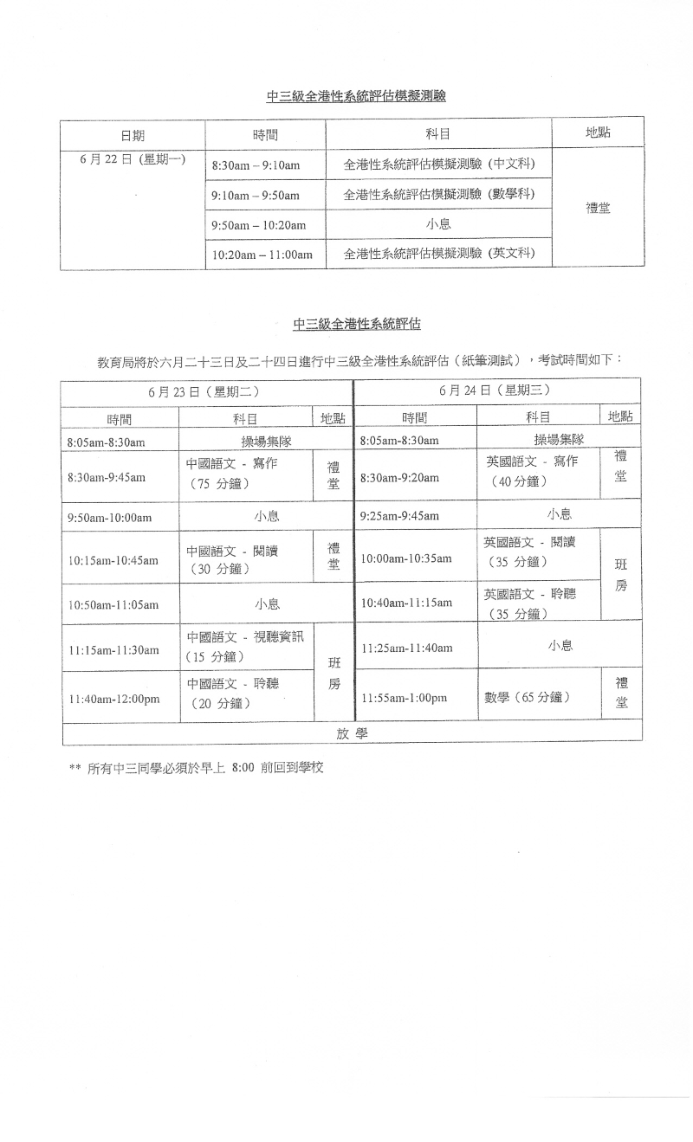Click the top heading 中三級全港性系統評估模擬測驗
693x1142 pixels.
[356, 97]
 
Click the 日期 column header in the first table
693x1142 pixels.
[133, 135]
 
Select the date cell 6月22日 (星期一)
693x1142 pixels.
[133, 161]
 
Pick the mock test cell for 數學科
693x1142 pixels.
[438, 194]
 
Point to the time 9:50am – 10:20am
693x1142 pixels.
[258, 225]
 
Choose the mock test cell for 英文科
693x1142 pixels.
[438, 254]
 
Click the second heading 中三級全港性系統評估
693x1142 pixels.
[350, 325]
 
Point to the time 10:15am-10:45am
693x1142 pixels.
[113, 560]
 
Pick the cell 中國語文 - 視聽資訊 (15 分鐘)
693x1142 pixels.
[246, 647]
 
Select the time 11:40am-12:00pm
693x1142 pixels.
[113, 699]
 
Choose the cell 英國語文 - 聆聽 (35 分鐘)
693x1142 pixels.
[529, 603]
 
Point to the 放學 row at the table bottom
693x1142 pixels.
[352, 733]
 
